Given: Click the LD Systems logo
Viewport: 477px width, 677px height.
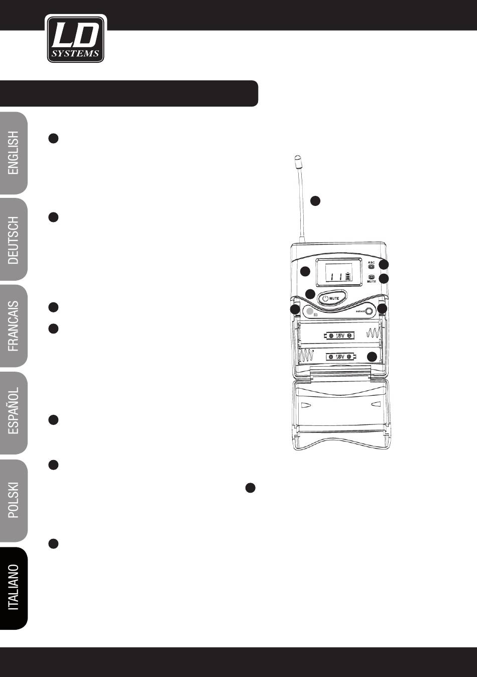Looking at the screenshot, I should (x=76, y=39).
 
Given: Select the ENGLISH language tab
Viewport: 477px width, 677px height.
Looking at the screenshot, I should (x=14, y=153).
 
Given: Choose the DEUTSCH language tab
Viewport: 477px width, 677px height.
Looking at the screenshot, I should (x=14, y=240).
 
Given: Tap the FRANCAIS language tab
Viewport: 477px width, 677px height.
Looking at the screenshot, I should (x=14, y=326).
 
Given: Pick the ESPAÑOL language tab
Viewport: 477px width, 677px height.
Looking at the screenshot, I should (x=14, y=413).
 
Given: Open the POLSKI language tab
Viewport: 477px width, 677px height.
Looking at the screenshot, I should (x=14, y=500).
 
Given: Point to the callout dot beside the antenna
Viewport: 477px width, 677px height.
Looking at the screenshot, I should (x=315, y=200).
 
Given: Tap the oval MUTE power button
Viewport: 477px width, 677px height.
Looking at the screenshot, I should (x=331, y=298).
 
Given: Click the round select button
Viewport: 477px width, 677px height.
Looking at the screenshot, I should (x=370, y=311).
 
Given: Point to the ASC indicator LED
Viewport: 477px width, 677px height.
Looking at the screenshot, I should (x=372, y=267).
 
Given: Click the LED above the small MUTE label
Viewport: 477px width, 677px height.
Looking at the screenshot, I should (x=372, y=277).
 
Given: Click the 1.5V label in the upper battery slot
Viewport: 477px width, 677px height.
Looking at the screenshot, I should (x=340, y=335).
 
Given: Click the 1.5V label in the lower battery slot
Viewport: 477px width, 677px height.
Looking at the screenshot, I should (x=340, y=357).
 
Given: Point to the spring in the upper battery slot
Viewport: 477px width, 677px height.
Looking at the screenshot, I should (x=374, y=333).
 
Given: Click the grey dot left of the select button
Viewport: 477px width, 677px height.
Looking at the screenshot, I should (x=309, y=312).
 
